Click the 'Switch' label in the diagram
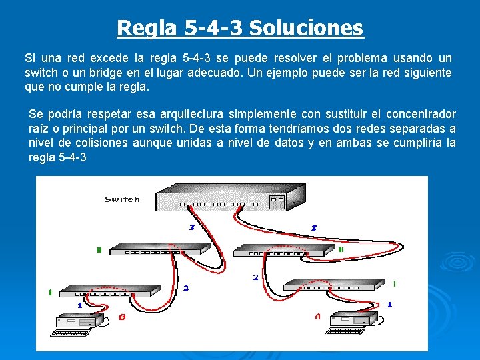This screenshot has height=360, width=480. [x=122, y=199]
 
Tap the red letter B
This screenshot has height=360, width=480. [x=122, y=317]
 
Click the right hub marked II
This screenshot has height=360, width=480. [x=283, y=250]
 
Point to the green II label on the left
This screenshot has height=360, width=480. [x=99, y=251]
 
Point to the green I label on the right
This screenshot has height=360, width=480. [x=394, y=283]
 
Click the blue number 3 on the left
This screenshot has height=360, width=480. [x=191, y=227]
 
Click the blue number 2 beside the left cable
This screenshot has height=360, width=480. [x=185, y=288]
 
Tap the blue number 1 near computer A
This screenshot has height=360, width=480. [x=389, y=304]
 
